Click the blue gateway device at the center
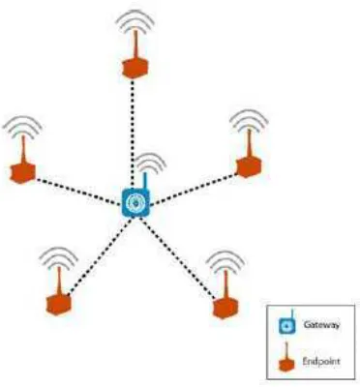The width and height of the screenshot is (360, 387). (135, 202)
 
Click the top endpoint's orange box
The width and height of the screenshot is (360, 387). (135, 68)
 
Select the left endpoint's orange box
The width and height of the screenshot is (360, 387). (22, 173)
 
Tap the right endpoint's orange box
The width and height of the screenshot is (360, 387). (249, 166)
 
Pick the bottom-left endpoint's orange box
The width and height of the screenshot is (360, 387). (58, 305)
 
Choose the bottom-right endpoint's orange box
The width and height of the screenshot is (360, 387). (225, 309)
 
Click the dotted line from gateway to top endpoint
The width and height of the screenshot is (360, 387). (133, 134)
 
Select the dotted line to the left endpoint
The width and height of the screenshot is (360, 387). (78, 192)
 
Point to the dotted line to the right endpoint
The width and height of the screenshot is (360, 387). (194, 190)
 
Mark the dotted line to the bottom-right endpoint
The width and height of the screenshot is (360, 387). (177, 257)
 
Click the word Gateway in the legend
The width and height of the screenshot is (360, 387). (321, 324)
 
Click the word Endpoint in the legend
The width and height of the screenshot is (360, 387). (321, 361)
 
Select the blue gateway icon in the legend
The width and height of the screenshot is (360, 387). (286, 322)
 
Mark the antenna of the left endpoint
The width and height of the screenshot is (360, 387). (23, 150)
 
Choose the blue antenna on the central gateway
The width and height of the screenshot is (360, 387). (145, 182)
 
